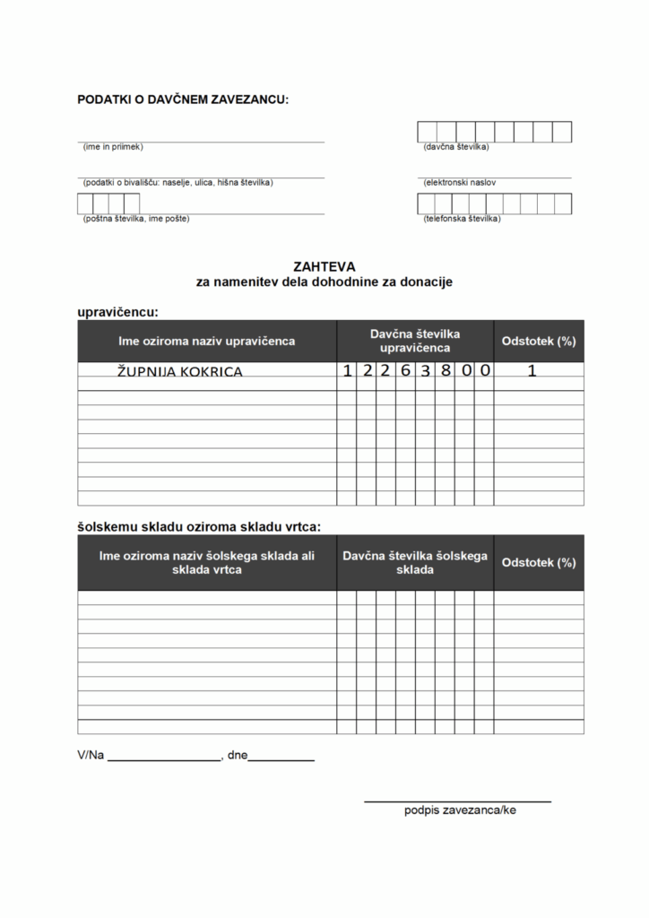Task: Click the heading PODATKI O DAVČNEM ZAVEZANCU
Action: [183, 100]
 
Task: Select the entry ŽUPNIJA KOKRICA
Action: [180, 371]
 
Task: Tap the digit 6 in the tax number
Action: [405, 370]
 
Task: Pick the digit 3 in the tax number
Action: [424, 370]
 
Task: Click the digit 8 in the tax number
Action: [444, 370]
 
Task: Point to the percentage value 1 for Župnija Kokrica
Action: [532, 370]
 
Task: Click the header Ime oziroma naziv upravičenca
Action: [207, 342]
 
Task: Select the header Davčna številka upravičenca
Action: [414, 341]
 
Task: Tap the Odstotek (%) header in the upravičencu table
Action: [539, 342]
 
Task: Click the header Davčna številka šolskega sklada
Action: [414, 562]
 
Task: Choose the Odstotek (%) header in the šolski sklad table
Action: [539, 563]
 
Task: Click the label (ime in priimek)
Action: [113, 147]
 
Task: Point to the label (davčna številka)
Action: [456, 147]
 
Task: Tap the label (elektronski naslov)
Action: [460, 183]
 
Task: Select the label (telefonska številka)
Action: [462, 219]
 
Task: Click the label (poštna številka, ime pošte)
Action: [136, 219]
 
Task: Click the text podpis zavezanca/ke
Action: [460, 810]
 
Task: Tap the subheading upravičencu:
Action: [118, 312]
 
